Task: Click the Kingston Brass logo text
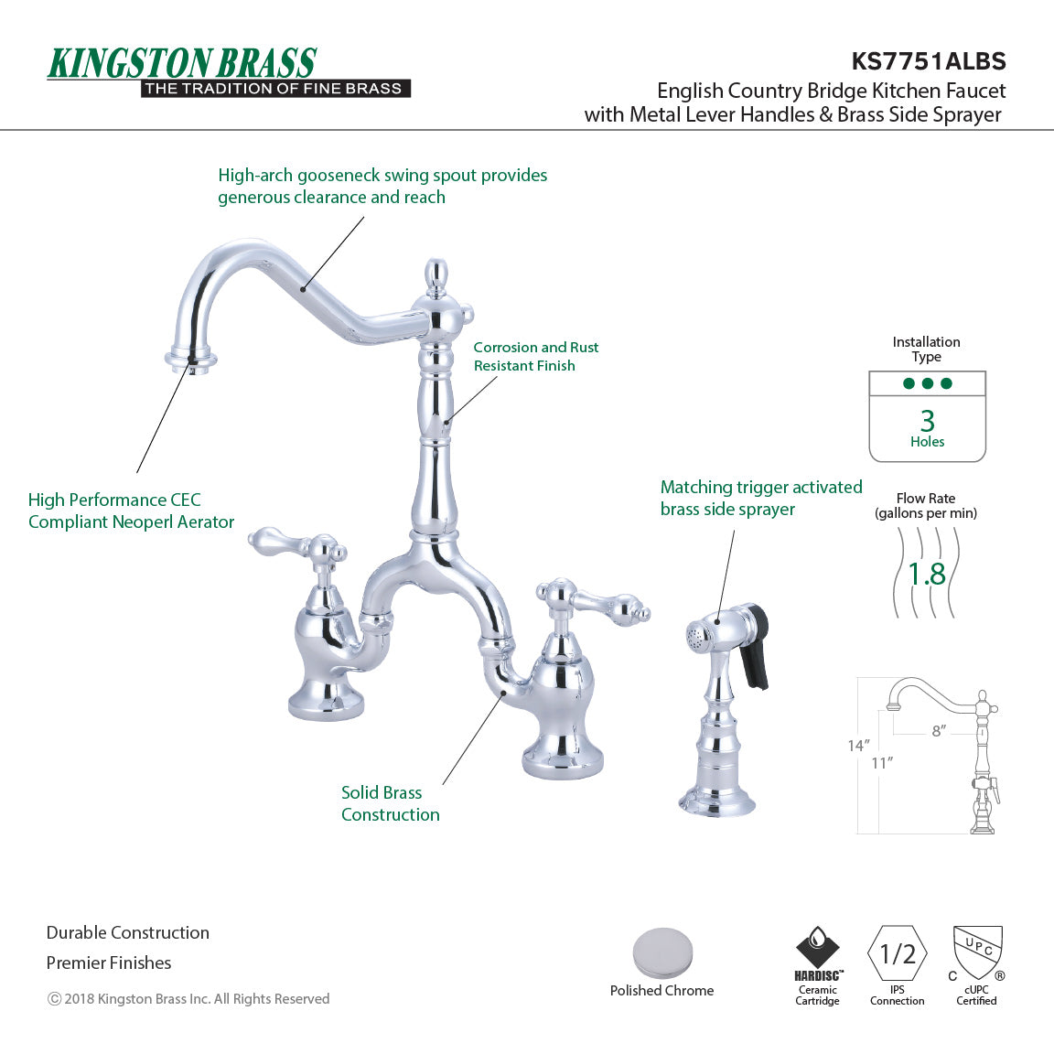pyautogui.click(x=182, y=63)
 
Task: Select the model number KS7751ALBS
pyautogui.click(x=928, y=61)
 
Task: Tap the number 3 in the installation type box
pyautogui.click(x=927, y=420)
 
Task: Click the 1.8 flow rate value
pyautogui.click(x=926, y=574)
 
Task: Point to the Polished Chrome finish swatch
pyautogui.click(x=662, y=953)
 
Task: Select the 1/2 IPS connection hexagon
pyautogui.click(x=898, y=954)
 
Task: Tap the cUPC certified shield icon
pyautogui.click(x=977, y=952)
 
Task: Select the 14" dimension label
pyautogui.click(x=857, y=746)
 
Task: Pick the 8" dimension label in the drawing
pyautogui.click(x=939, y=731)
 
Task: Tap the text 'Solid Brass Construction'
pyautogui.click(x=390, y=803)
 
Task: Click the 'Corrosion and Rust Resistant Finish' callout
pyautogui.click(x=536, y=356)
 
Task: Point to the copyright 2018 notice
pyautogui.click(x=188, y=999)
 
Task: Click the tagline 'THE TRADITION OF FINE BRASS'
pyautogui.click(x=274, y=89)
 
